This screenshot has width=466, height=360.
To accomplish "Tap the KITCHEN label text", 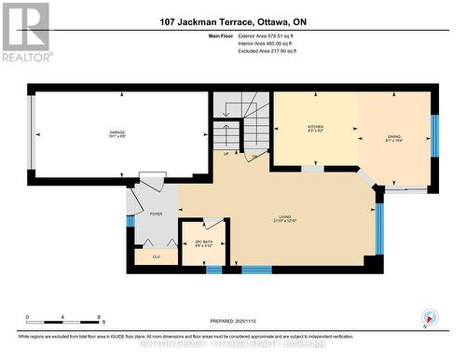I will (315, 129).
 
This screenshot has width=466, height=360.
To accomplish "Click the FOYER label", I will (156, 214).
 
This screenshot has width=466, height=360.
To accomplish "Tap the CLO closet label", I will (156, 256).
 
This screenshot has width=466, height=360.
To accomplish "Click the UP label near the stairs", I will (226, 154).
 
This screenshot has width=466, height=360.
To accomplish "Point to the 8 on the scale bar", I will (101, 318).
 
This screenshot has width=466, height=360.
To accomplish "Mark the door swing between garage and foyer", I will (147, 179).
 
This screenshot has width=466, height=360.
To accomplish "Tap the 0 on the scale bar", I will (27, 318).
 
